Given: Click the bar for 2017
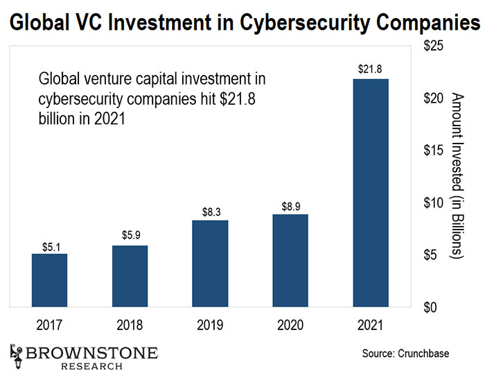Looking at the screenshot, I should [49, 280].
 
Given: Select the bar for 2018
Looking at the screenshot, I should [130, 276].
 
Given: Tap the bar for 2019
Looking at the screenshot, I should [210, 264].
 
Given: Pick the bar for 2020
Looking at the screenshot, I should [290, 261].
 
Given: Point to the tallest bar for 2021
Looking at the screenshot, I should [371, 193].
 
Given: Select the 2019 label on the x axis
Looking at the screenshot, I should [210, 324].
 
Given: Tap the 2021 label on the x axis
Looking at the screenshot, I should [371, 324].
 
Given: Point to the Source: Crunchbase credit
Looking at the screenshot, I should [406, 354].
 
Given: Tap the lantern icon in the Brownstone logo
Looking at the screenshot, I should [15, 352].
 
